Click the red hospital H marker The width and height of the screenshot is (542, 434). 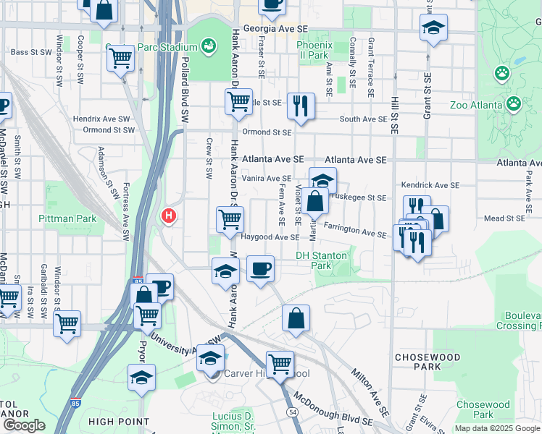(x=169, y=216)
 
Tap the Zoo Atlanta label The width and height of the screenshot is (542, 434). (x=476, y=105)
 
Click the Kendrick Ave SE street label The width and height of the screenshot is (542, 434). (x=430, y=185)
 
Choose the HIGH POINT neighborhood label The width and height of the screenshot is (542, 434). (x=115, y=421)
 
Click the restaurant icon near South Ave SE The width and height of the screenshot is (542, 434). (x=300, y=106)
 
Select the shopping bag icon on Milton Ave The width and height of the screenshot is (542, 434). (x=296, y=318)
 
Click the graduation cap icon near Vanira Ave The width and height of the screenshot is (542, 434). (x=322, y=180)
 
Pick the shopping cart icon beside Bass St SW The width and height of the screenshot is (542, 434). (x=121, y=58)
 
